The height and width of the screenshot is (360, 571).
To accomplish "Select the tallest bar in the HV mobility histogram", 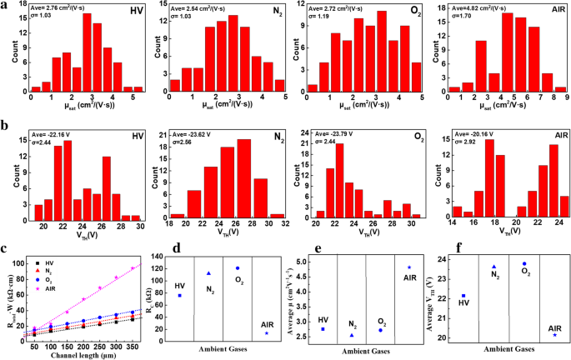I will click(87, 51).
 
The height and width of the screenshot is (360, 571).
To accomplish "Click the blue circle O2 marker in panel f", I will click(524, 263).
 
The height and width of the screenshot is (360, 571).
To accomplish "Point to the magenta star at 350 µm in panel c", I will click(132, 267).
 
